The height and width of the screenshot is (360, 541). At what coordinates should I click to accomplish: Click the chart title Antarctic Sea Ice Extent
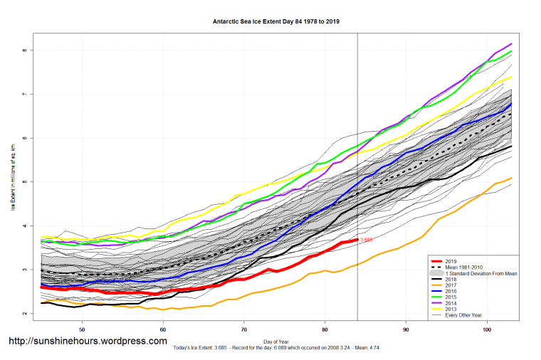(x=276, y=21)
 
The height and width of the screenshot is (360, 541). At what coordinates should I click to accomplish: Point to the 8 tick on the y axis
(x=23, y=51)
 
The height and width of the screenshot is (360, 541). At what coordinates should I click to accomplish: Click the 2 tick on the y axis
(x=23, y=314)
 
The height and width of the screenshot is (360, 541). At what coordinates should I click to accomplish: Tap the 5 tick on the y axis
(x=23, y=182)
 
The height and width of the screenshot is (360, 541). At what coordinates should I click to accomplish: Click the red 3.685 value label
(x=367, y=240)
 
